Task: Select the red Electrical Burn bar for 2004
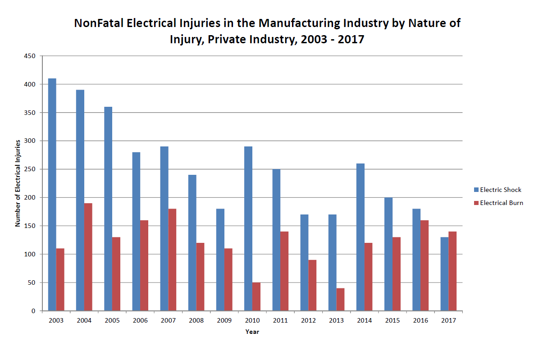[x=88, y=257]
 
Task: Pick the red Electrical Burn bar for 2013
[x=340, y=299]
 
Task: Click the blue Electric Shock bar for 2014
[x=360, y=237]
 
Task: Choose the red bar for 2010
[x=256, y=296]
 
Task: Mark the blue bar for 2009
[x=220, y=260]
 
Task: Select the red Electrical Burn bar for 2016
[x=424, y=265]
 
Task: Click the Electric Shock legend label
[x=501, y=190]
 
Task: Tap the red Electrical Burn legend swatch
[x=476, y=203]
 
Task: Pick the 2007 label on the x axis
[x=168, y=320]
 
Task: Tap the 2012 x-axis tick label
[x=308, y=320]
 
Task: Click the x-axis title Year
[x=252, y=332]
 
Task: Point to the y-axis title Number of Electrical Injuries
[x=18, y=183]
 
